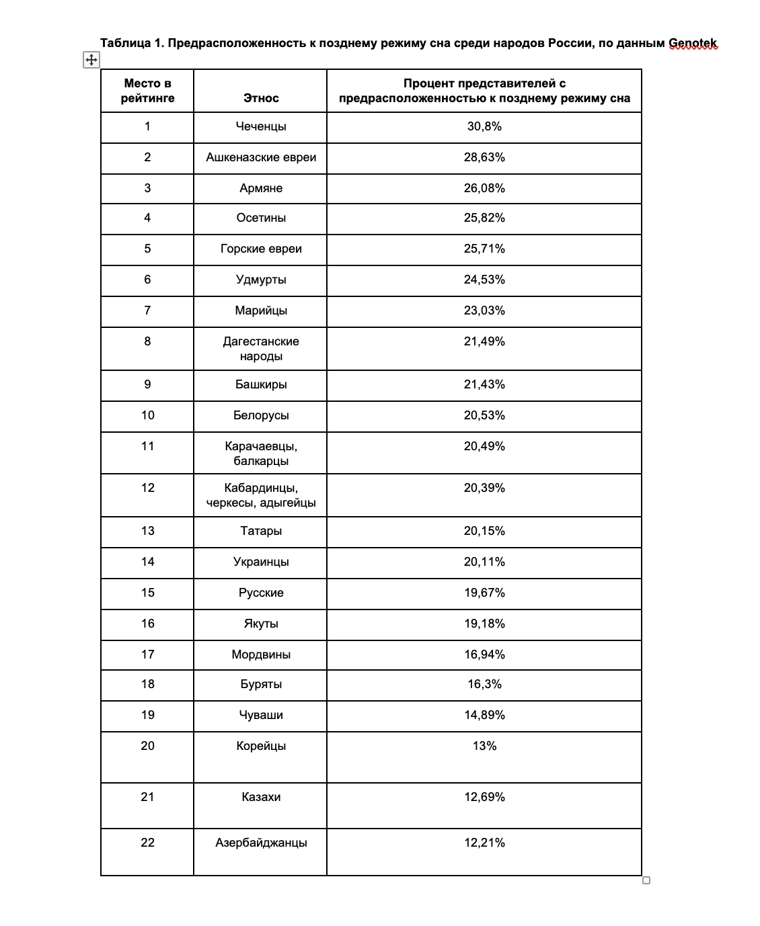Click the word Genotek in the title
tap(693, 44)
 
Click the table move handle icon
tap(91, 60)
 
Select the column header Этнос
tap(261, 98)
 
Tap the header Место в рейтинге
tap(147, 91)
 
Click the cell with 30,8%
tap(484, 126)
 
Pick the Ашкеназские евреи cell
tap(261, 157)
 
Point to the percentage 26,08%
tap(484, 188)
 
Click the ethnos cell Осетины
tap(261, 218)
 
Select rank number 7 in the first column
tap(147, 310)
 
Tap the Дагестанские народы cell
tap(261, 349)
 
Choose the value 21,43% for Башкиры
tap(484, 384)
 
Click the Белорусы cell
tap(261, 415)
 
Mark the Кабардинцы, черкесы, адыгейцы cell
tap(261, 495)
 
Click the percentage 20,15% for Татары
tap(484, 531)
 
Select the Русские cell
tap(261, 593)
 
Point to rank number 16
tap(147, 624)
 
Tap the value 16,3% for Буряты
tap(484, 684)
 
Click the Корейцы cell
tap(261, 746)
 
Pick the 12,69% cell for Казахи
tap(484, 797)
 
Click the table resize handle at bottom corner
tap(646, 880)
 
